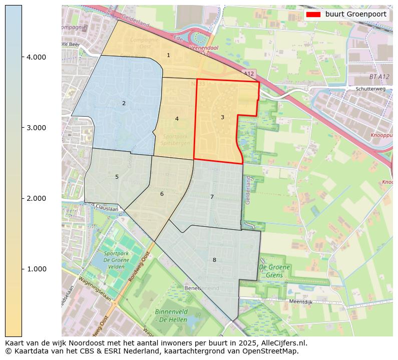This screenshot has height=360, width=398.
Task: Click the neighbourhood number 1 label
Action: [168, 55]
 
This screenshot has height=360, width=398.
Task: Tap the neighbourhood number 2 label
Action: [124, 103]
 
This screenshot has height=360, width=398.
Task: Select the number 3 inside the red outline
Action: [222, 117]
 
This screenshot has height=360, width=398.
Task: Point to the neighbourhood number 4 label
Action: [177, 119]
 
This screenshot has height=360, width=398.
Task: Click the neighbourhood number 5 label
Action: [117, 177]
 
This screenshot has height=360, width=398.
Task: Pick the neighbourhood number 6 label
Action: [162, 194]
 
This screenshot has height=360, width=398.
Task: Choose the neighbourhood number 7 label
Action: [212, 197]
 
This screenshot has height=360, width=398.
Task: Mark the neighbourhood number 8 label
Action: [214, 260]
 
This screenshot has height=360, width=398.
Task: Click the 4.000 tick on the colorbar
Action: [36, 57]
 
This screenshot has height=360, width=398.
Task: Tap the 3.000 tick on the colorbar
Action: [36, 128]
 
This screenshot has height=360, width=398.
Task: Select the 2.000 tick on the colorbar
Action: [36, 198]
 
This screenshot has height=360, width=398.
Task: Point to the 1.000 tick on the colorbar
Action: [36, 269]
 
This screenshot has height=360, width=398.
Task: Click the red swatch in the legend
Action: [313, 15]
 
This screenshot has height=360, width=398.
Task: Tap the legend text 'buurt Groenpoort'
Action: [355, 15]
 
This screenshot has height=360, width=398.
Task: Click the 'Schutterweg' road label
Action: [370, 89]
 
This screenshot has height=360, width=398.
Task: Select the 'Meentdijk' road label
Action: [301, 301]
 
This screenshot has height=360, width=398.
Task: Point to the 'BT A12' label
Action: [379, 77]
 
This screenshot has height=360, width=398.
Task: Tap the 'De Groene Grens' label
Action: [274, 271]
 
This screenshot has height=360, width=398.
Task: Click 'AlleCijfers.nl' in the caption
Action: [281, 343]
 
